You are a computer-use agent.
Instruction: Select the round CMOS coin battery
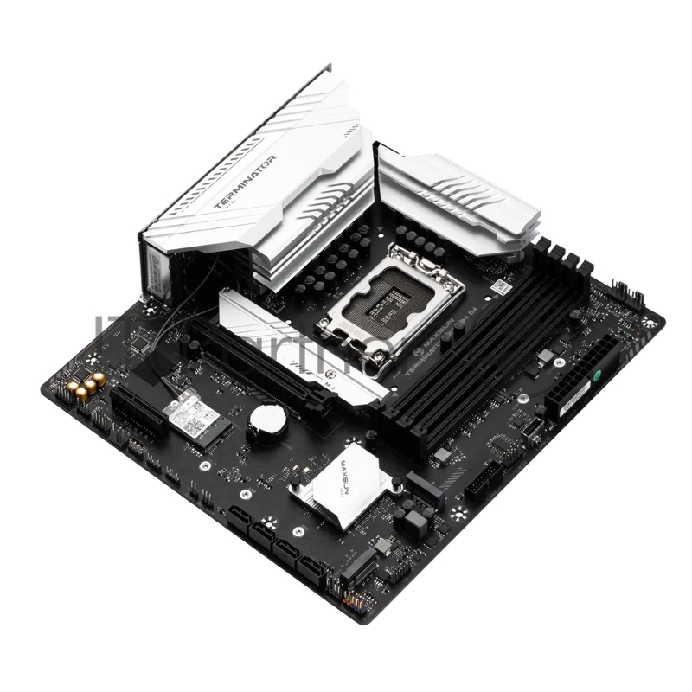click(267, 421)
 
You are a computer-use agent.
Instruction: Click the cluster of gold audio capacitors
click(86, 386)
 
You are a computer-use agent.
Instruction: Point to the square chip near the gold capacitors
click(138, 346)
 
